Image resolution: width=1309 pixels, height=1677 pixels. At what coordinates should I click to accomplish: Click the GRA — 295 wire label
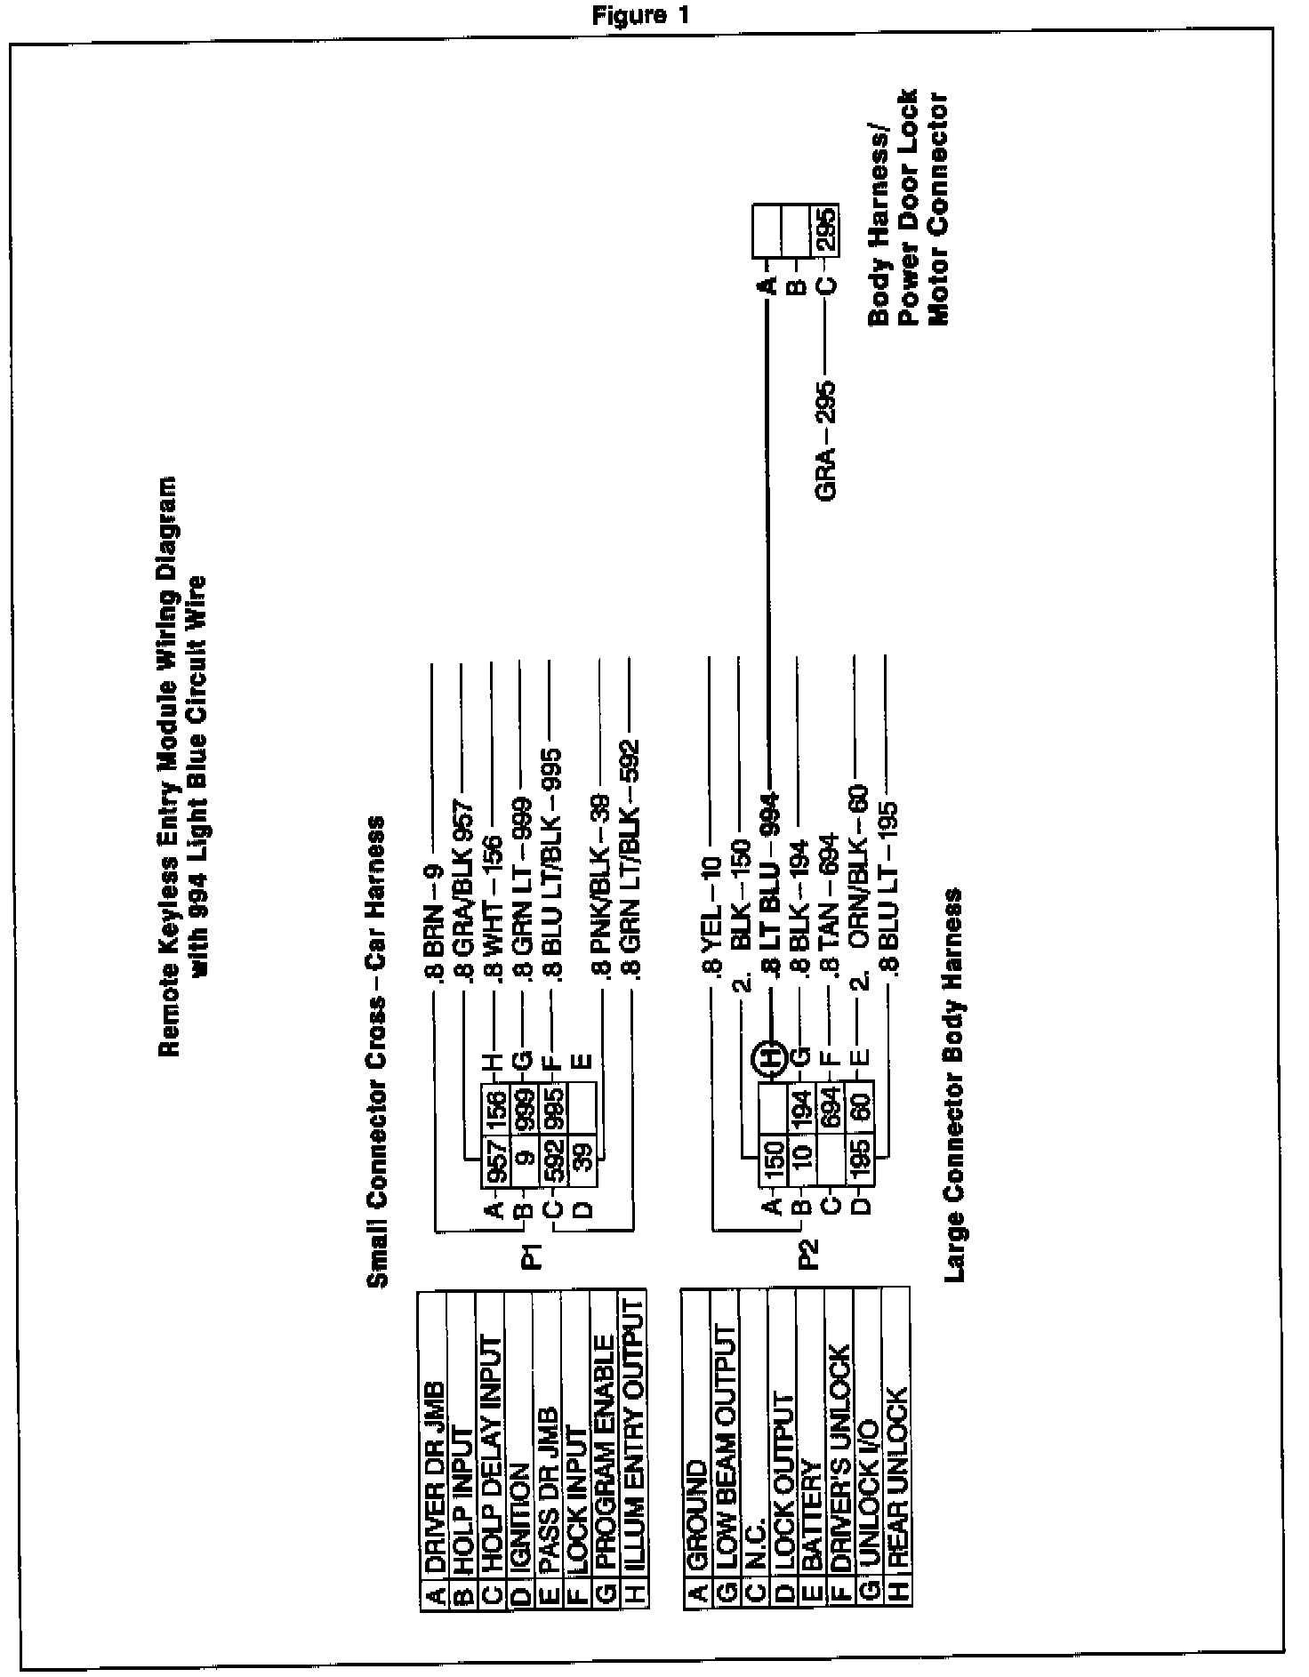point(826,441)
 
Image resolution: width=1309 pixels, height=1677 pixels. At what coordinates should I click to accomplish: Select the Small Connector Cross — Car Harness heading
point(377,1051)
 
